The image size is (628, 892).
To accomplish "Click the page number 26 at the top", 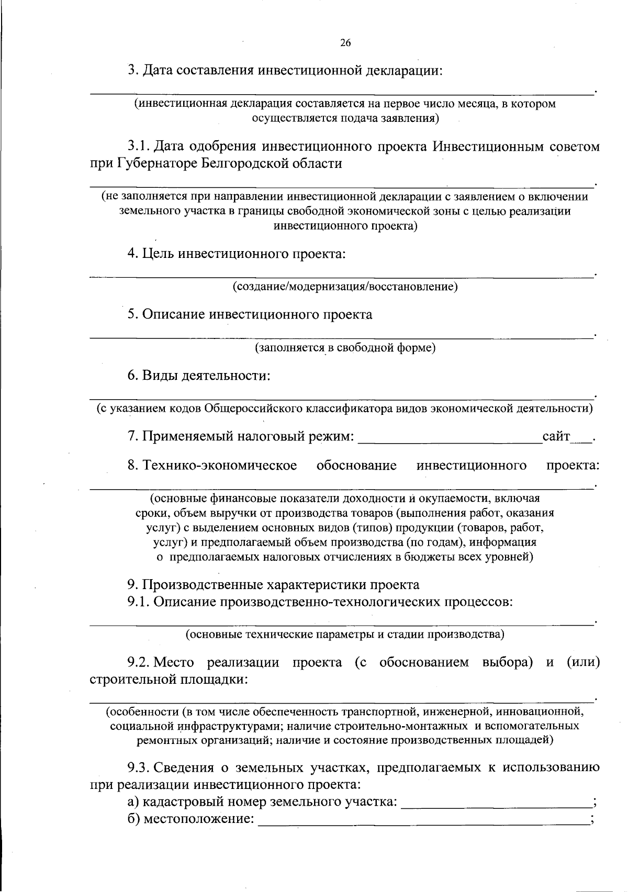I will click(x=345, y=43).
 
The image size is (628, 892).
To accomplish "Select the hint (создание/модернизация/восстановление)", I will click(x=345, y=287).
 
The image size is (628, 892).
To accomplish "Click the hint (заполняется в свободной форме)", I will click(x=345, y=347).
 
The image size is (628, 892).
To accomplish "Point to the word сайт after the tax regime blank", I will click(x=556, y=436).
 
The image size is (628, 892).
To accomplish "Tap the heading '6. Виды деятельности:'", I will click(x=199, y=376).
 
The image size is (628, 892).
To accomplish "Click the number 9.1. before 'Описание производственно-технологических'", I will click(x=139, y=602).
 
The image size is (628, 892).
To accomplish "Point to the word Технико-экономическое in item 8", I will click(x=220, y=465).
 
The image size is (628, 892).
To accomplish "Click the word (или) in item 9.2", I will click(x=583, y=662).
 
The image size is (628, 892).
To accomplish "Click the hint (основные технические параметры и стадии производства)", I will click(x=345, y=635).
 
